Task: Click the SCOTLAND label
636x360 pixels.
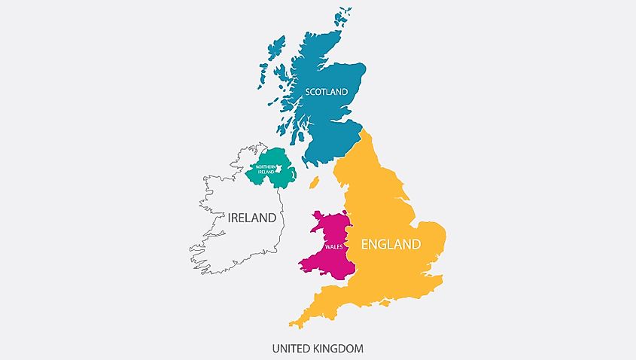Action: (x=326, y=92)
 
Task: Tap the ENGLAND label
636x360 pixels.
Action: (x=391, y=244)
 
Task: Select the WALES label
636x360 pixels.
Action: (x=333, y=247)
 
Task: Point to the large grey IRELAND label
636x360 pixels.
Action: (x=252, y=218)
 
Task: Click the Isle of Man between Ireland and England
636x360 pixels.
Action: (x=314, y=183)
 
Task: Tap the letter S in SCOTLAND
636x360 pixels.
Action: (x=307, y=92)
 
